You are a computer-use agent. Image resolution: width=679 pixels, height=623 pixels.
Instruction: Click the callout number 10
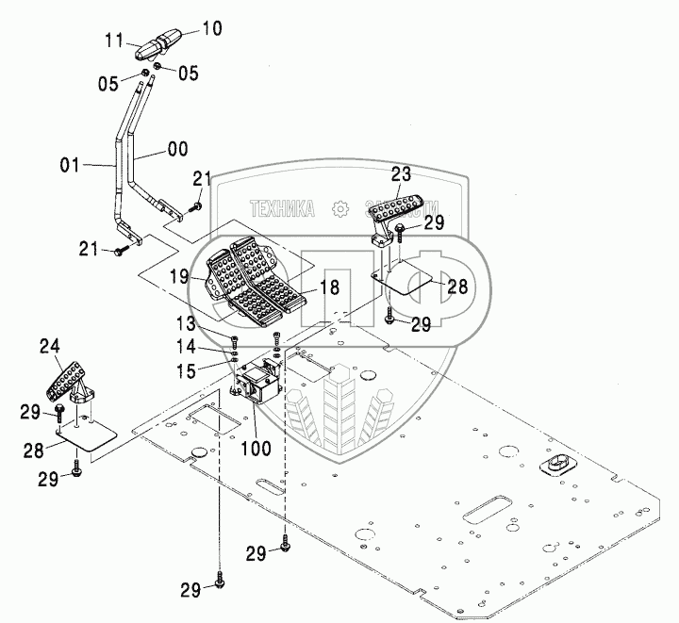click(211, 29)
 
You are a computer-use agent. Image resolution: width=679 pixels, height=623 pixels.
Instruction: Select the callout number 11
click(114, 41)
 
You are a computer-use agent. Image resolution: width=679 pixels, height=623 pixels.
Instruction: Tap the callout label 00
click(177, 148)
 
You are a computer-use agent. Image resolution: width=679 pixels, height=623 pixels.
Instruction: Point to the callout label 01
click(72, 167)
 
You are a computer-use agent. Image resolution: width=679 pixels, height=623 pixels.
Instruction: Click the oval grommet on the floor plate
click(556, 465)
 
